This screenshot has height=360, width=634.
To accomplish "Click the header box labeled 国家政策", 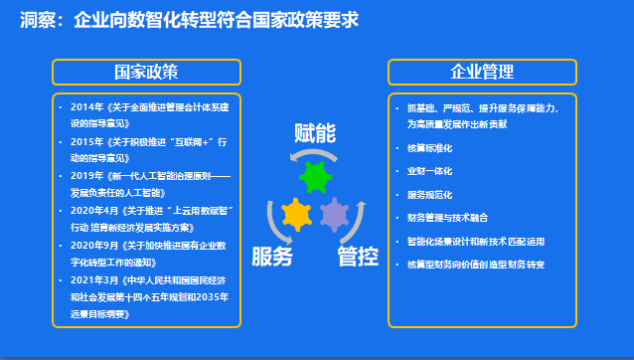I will (146, 73).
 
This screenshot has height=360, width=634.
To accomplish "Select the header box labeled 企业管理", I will (482, 73).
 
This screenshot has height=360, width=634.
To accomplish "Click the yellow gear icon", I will (296, 214).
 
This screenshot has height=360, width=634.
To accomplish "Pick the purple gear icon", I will (336, 214).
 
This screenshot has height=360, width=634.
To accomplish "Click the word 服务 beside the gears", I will (272, 257).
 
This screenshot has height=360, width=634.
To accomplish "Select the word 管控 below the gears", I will (357, 257).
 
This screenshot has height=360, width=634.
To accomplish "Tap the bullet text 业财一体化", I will (429, 171).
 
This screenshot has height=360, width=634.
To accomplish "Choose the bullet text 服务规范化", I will (429, 194).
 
